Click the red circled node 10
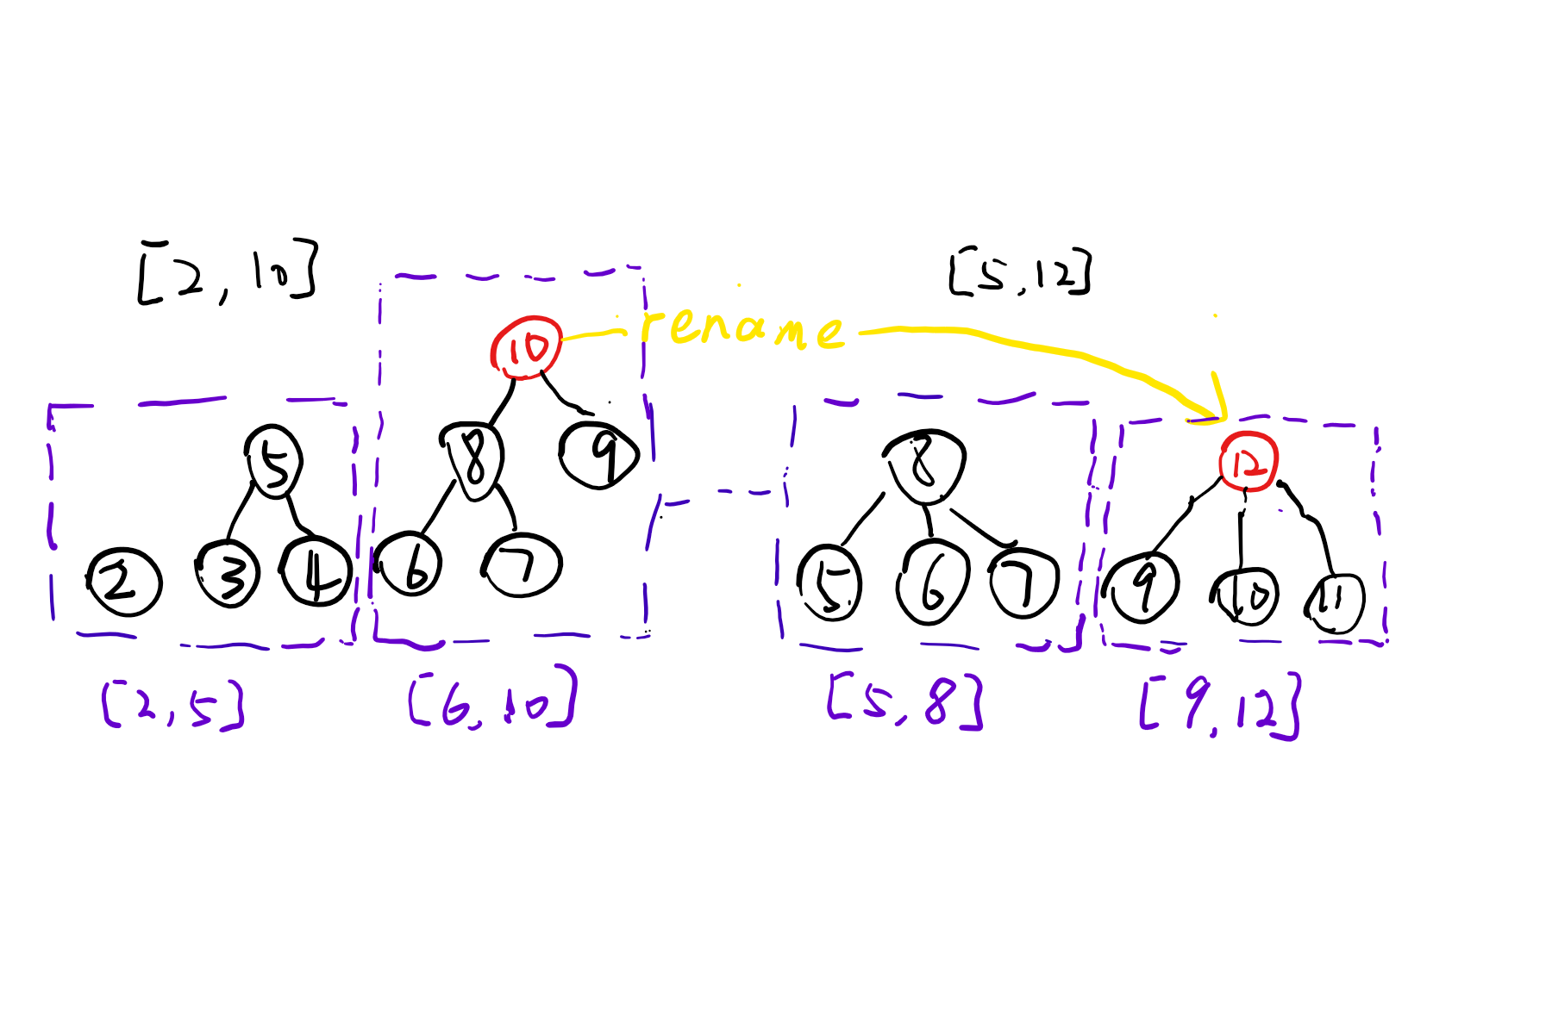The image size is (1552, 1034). point(526,347)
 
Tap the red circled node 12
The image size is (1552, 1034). point(1248,463)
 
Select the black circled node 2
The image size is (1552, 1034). point(124,582)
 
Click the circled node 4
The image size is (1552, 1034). point(316,572)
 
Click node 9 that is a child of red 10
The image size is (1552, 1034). point(599,454)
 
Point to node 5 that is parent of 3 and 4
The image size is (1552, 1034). point(273,462)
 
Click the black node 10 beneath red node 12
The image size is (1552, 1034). point(1245,595)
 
